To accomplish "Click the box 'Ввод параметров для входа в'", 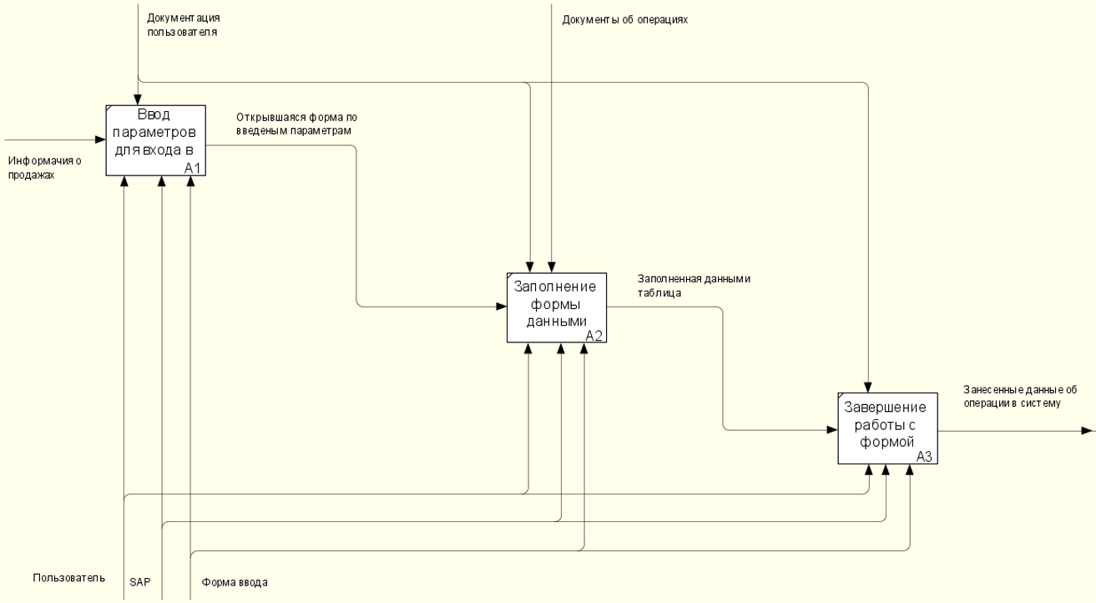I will coord(155,139).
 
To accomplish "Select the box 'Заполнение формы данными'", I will coord(556,307).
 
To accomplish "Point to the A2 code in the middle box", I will coord(593,336).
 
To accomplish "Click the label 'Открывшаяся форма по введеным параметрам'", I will coord(296,124).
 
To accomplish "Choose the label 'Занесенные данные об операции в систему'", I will coord(1020,396).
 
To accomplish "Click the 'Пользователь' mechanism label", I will coord(69,578).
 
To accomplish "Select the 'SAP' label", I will coord(139,581).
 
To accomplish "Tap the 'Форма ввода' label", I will coord(235,581).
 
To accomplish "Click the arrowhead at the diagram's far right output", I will coord(1087,431).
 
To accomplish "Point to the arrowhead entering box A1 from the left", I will coord(100,140).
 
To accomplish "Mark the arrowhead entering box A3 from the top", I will coord(868,386).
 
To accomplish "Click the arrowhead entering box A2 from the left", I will coord(501,307).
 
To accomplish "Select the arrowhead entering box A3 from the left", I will coord(833,430).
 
